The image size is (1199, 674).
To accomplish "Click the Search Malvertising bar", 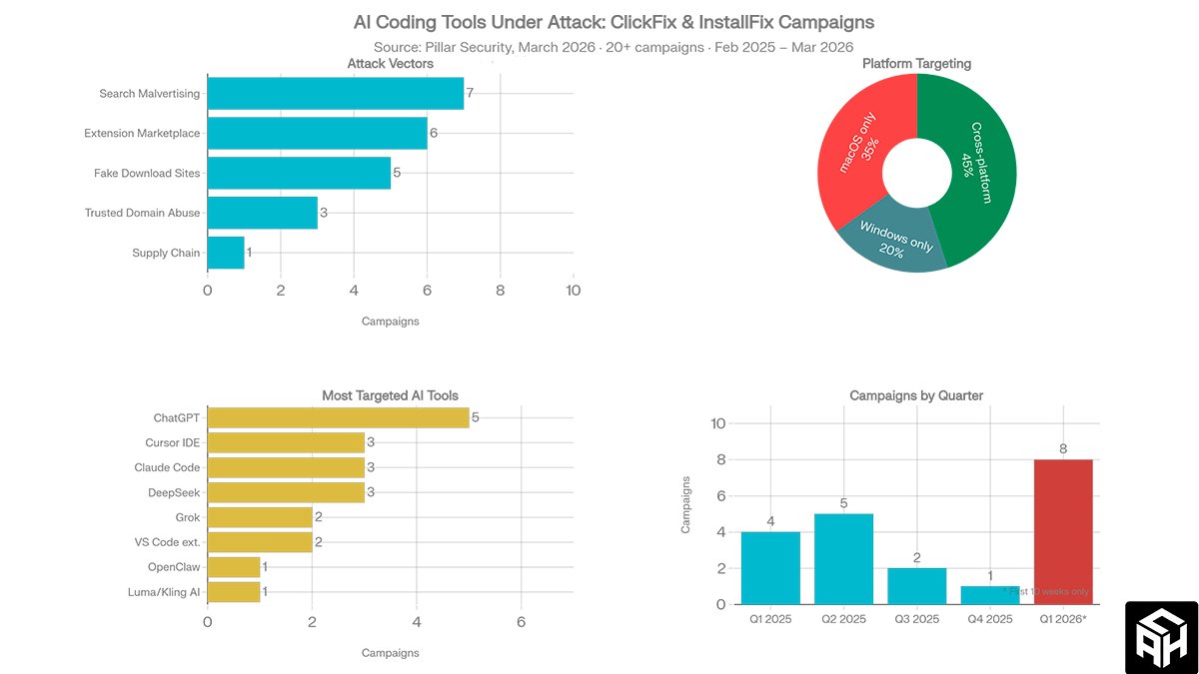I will point(336,94).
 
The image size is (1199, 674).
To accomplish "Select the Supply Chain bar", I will point(226,253).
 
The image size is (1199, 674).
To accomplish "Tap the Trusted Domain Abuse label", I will point(142,213).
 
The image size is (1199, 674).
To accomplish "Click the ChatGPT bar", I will point(338,417).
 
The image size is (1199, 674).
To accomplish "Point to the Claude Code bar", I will point(286,467).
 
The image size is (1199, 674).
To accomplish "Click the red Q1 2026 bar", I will point(1063,531).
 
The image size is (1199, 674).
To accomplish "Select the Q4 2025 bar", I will point(989,594).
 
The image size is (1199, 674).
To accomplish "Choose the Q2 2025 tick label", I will point(844,620).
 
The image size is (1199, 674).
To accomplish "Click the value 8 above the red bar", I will point(1063,449).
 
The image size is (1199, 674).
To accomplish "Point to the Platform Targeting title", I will point(916,64).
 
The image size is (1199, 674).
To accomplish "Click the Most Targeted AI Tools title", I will point(390,396).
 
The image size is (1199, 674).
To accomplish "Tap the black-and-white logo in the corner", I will point(1161,637).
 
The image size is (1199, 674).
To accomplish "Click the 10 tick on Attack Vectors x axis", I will point(573,291).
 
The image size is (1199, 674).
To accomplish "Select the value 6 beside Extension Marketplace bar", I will point(434,133).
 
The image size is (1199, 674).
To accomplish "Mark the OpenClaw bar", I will point(234,567).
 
